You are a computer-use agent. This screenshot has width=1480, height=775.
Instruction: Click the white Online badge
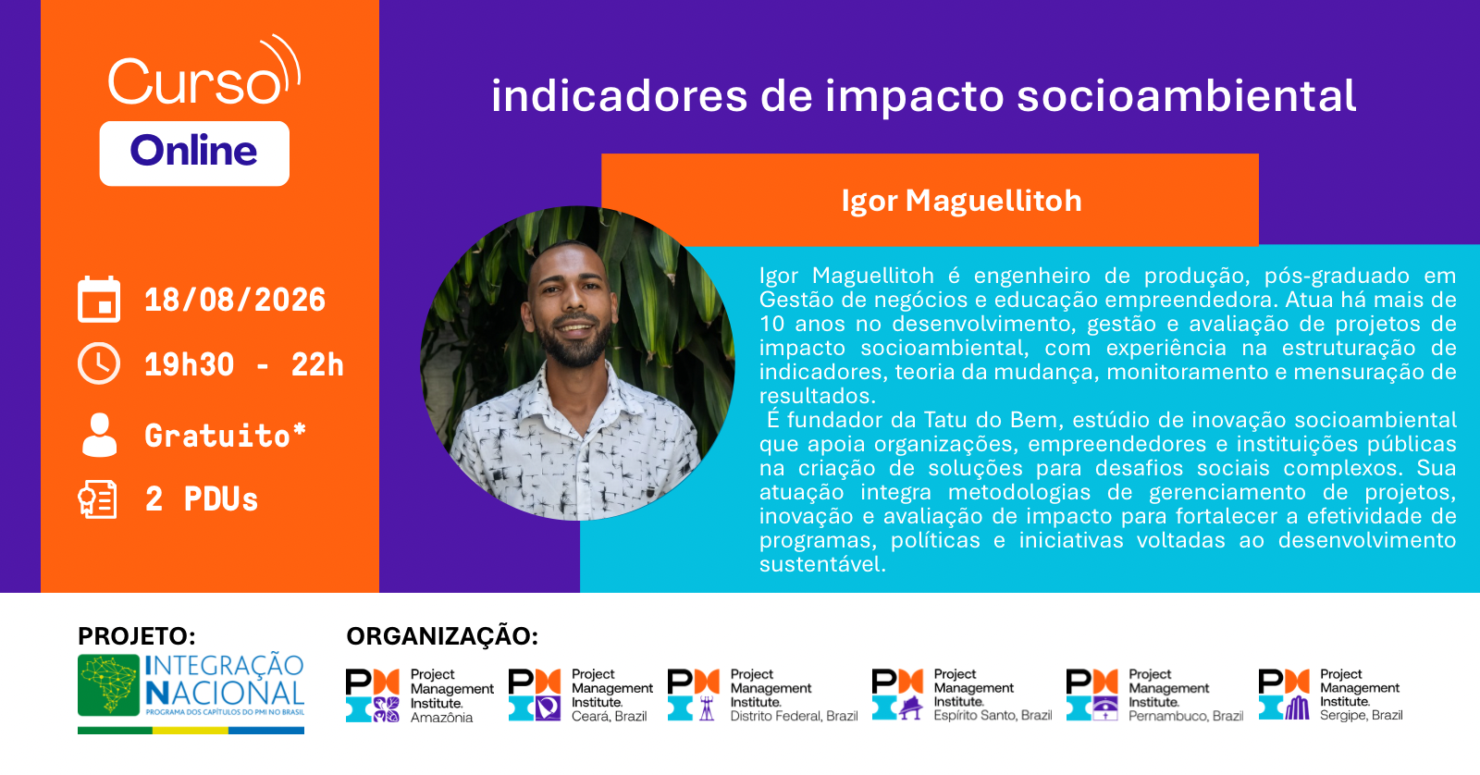pyautogui.click(x=194, y=154)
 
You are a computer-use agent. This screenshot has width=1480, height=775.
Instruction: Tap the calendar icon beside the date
pyautogui.click(x=99, y=300)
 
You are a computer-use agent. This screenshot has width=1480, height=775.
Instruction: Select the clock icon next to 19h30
pyautogui.click(x=99, y=363)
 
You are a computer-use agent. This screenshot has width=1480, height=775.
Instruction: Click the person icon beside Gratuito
pyautogui.click(x=99, y=435)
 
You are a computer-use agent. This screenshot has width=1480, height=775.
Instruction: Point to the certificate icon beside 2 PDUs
pyautogui.click(x=98, y=498)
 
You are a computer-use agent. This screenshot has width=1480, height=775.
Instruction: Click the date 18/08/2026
pyautogui.click(x=235, y=300)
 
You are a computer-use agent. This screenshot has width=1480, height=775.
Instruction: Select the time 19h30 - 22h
pyautogui.click(x=244, y=364)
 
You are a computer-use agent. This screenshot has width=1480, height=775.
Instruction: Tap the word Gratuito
pyautogui.click(x=217, y=436)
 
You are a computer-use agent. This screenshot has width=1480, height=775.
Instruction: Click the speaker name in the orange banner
pyautogui.click(x=961, y=201)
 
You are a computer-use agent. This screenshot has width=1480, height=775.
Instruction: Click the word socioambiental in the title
pyautogui.click(x=1186, y=96)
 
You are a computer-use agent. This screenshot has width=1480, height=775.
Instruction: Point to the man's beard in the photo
pyautogui.click(x=574, y=340)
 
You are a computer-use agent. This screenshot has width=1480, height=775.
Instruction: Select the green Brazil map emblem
pyautogui.click(x=108, y=685)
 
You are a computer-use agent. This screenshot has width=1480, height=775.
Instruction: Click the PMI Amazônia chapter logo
pyautogui.click(x=420, y=695)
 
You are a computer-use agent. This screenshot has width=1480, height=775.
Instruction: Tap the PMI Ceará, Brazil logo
pyautogui.click(x=580, y=695)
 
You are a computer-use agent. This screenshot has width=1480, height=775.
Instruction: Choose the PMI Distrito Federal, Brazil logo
pyautogui.click(x=762, y=695)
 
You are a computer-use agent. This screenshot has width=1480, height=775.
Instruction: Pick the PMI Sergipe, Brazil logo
pyautogui.click(x=1330, y=695)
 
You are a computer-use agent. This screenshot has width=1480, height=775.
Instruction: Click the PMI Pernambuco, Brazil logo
pyautogui.click(x=1154, y=695)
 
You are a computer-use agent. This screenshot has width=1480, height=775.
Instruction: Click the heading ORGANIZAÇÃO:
pyautogui.click(x=442, y=636)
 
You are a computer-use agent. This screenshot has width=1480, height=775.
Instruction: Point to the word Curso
pyautogui.click(x=195, y=81)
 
